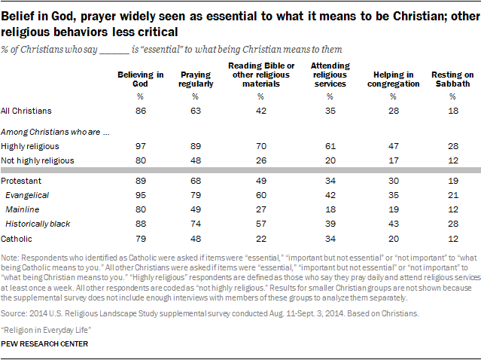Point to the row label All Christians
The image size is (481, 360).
pos(26,111)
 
